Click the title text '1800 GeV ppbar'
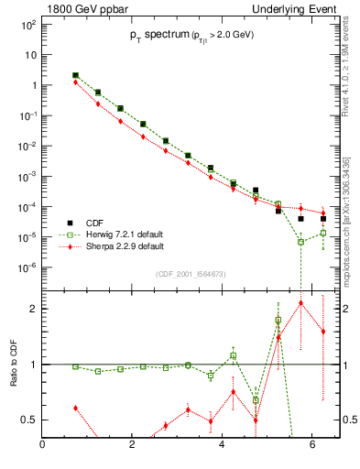tap(81, 8)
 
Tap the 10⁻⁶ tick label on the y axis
tap(27, 267)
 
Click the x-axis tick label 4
tap(224, 446)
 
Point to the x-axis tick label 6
tap(313, 446)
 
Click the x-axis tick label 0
tap(43, 446)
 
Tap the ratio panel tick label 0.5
tap(27, 420)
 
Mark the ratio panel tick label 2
tap(32, 309)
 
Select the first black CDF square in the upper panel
tap(75, 75)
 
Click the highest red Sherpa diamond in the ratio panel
tap(300, 302)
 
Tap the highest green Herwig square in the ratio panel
tap(278, 320)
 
